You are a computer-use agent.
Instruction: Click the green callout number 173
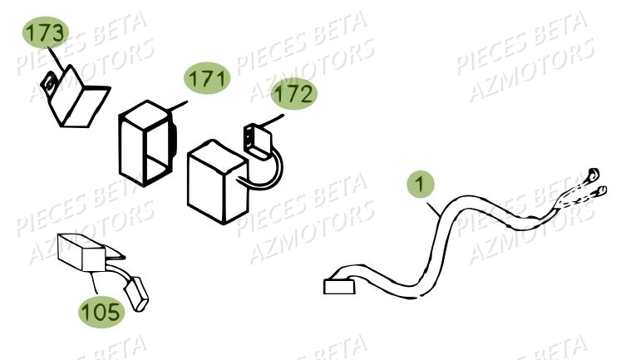(x=44, y=35)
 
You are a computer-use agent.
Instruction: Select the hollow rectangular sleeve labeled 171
(x=146, y=141)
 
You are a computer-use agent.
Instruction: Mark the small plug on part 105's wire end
(x=136, y=293)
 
